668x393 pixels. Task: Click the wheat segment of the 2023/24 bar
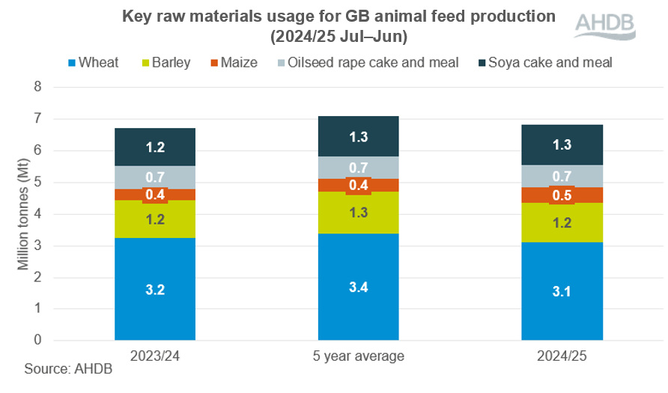click(155, 289)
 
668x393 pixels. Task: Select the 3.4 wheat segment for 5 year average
click(358, 287)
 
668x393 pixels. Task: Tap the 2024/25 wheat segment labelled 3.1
click(562, 291)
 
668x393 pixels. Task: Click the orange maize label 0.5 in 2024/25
click(562, 195)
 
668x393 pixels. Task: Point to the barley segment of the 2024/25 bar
click(562, 222)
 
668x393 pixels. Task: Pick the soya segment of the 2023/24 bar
click(155, 147)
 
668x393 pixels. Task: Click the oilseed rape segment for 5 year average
click(358, 168)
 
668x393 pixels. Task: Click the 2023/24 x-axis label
click(155, 356)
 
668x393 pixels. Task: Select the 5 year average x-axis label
click(358, 356)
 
